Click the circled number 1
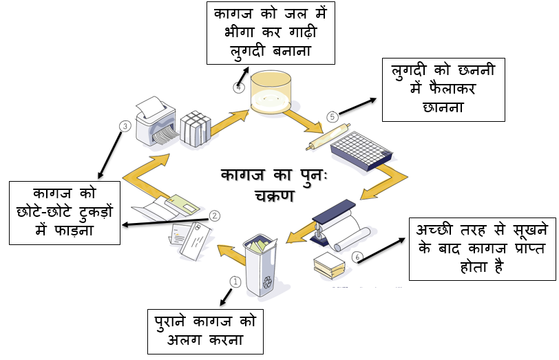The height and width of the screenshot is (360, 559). [x=235, y=281]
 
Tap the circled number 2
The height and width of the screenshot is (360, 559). [x=215, y=215]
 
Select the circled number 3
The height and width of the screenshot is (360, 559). [x=125, y=126]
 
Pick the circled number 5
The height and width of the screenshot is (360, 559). [x=333, y=117]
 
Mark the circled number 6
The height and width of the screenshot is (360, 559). [x=357, y=257]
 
